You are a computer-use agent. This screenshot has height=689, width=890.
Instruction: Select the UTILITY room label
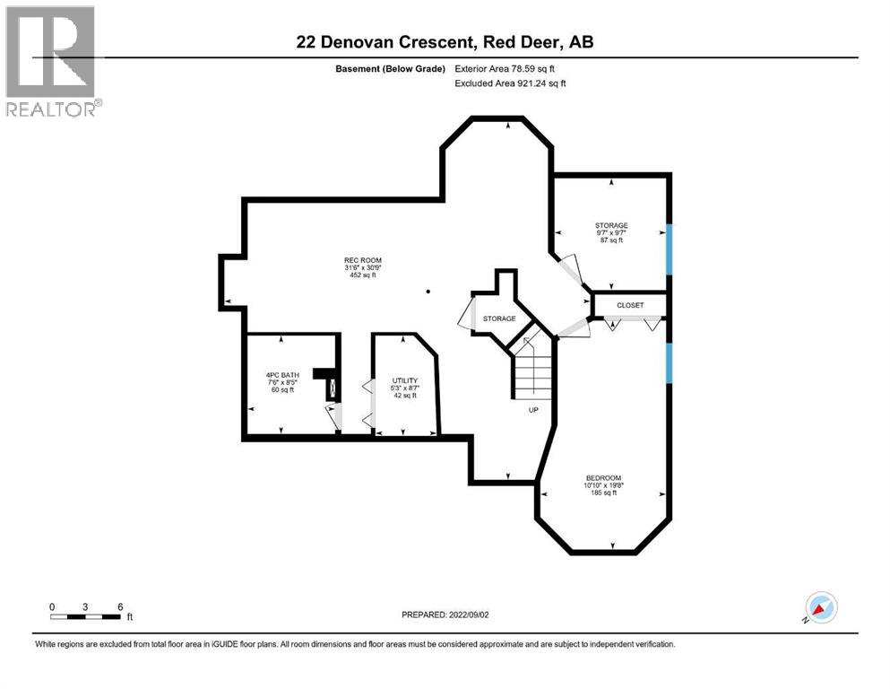tap(404, 380)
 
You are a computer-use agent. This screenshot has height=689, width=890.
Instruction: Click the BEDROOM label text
tap(603, 477)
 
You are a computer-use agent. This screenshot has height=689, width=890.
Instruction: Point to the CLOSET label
tap(630, 305)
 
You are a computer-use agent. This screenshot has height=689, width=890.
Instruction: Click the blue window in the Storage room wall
tap(668, 249)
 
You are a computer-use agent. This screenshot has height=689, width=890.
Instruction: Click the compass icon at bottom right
tap(820, 607)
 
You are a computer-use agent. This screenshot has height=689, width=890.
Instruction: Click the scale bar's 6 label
tap(119, 606)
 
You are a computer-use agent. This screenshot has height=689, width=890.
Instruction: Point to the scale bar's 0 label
tap(52, 606)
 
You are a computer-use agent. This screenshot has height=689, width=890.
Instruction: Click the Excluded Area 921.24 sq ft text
tap(511, 83)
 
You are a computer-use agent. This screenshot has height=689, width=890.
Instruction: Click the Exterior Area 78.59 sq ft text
tap(511, 68)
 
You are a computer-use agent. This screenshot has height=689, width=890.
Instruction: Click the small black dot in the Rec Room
tap(428, 291)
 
